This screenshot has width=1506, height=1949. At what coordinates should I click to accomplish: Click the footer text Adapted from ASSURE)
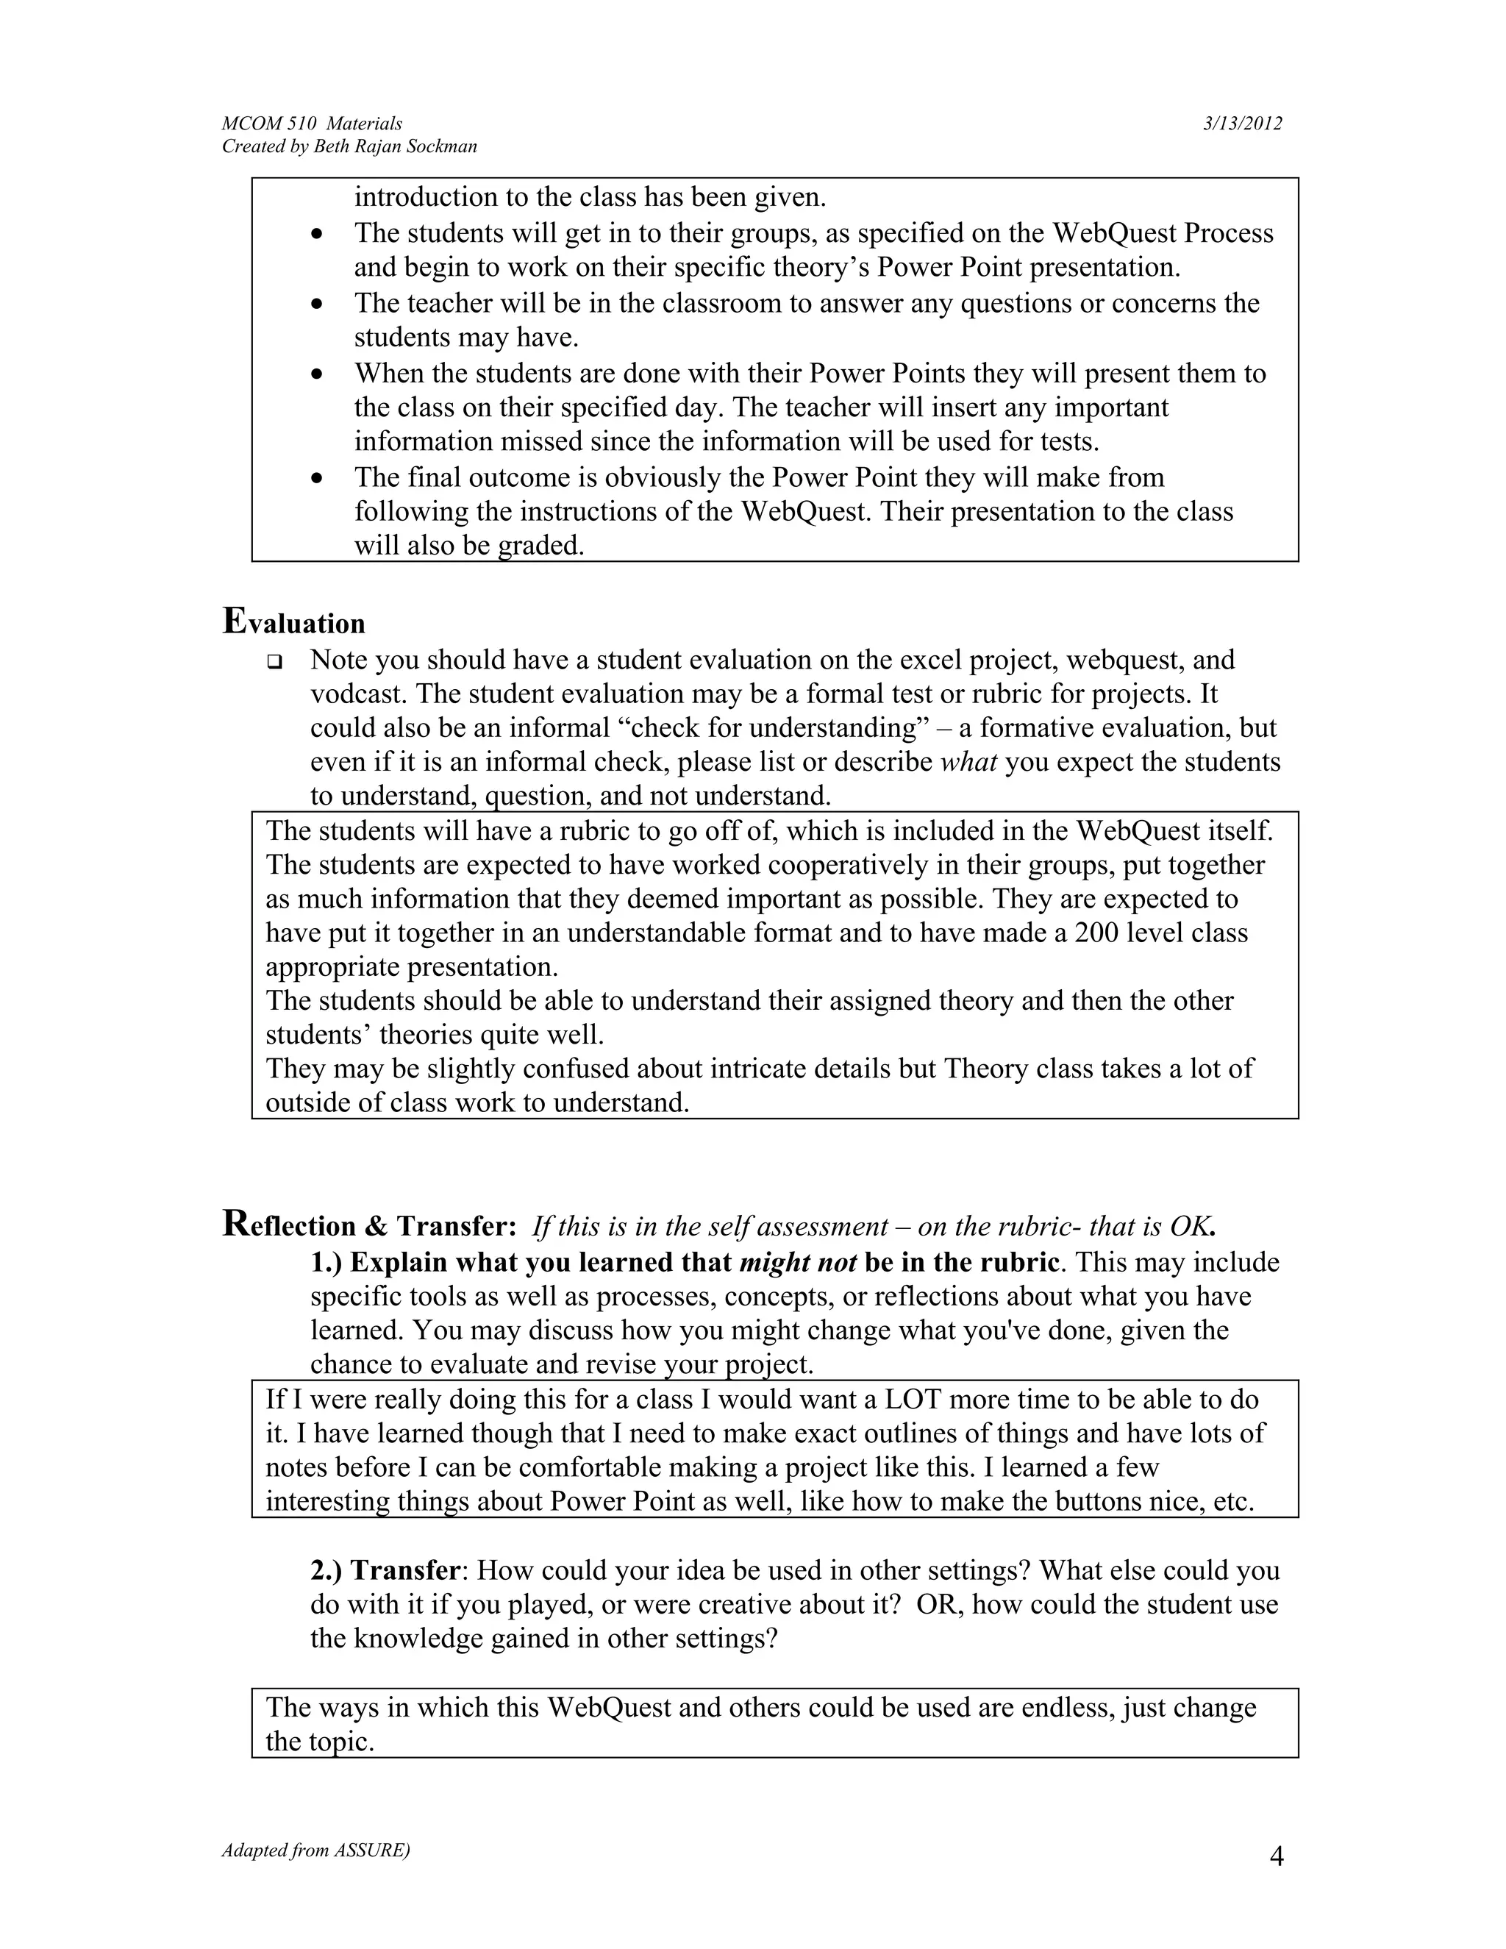[315, 1850]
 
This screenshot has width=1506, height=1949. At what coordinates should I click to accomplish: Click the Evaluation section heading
[293, 622]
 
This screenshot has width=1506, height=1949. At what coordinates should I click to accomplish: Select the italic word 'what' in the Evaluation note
[969, 762]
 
